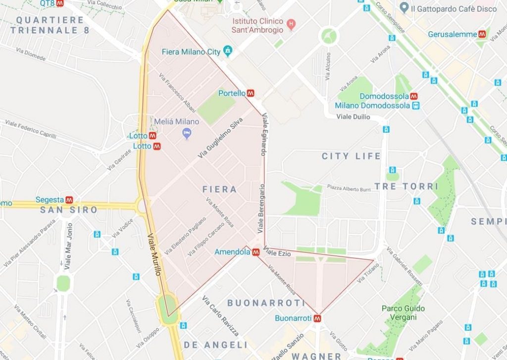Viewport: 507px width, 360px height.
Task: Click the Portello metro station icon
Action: pos(251,93)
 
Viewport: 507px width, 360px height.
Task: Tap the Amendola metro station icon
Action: pos(256,252)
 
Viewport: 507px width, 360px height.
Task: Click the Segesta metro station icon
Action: pos(69,200)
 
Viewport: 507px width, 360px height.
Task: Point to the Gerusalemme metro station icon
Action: pos(482,34)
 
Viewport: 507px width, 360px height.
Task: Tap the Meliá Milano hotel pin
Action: pos(187,133)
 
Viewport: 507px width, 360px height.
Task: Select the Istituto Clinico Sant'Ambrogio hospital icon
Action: pos(291,23)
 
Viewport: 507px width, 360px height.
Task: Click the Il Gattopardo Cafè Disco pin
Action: pos(404,8)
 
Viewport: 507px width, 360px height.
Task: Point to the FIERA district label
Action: pos(219,189)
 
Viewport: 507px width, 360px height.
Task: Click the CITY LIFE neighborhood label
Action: pos(351,156)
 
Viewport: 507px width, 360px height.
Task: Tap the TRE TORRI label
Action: pos(406,186)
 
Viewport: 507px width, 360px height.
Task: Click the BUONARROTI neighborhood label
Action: pos(266,303)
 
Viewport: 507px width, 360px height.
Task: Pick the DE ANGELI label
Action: pos(215,345)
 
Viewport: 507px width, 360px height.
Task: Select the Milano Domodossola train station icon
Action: pos(416,105)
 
